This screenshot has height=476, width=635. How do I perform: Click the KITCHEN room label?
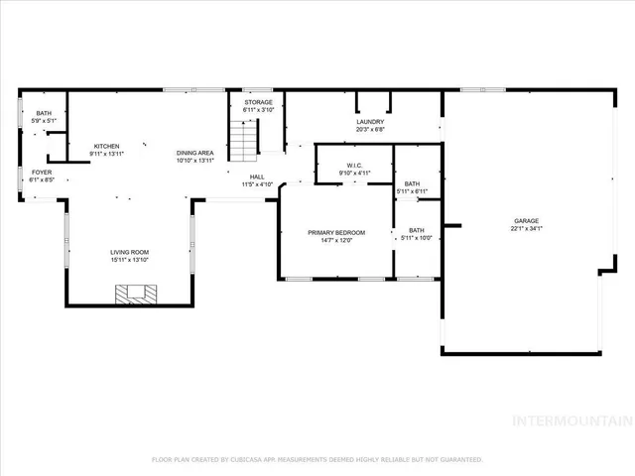coord(106,146)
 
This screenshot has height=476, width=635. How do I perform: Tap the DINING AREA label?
coord(195,152)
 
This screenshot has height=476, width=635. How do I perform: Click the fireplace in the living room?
coord(135,293)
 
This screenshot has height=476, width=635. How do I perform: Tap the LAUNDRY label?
coord(369,122)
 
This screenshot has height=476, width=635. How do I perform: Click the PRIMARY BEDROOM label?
coord(336,232)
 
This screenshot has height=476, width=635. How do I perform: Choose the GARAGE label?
coord(526,220)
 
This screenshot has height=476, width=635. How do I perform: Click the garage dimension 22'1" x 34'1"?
coord(526,228)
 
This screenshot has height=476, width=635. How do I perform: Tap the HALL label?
coord(257,177)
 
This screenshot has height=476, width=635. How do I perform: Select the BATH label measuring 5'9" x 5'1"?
coord(44,113)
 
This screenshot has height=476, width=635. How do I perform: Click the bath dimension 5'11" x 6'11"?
coord(411,190)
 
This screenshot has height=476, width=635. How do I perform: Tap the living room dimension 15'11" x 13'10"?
coord(130,260)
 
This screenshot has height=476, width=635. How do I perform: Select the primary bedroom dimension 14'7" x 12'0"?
coord(336,240)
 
